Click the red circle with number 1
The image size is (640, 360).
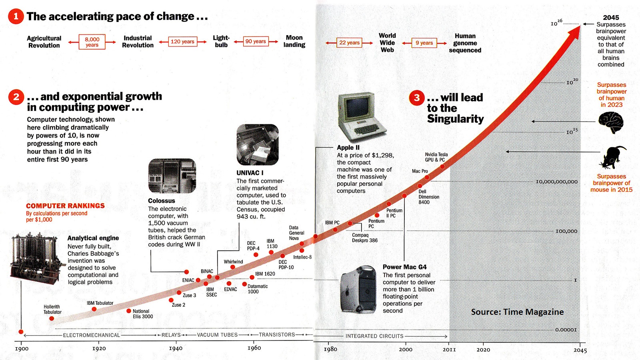[16, 16]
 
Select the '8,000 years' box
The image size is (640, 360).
[92, 42]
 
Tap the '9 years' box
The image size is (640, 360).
[424, 43]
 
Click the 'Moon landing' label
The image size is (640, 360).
[294, 41]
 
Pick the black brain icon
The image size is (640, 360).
[611, 122]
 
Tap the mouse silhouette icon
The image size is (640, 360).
[612, 157]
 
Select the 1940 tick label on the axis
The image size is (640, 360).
[176, 348]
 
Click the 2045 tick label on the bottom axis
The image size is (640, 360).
[580, 350]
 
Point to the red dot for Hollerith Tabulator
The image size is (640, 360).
[52, 318]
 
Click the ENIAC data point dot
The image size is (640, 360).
[198, 280]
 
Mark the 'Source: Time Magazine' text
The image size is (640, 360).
[517, 312]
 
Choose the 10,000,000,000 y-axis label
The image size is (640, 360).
[556, 182]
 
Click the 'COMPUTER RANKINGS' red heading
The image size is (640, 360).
[65, 206]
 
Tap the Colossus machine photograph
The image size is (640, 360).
[172, 176]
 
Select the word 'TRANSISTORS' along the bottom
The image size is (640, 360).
[277, 335]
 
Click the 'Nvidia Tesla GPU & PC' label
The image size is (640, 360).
[436, 157]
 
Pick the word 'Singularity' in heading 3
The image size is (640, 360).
[455, 119]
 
